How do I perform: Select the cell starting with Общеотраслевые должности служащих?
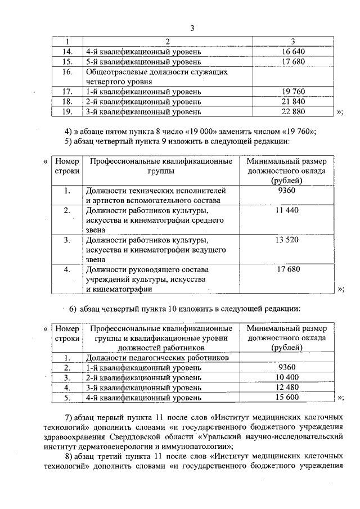point(156,76)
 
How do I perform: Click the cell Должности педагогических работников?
point(157,357)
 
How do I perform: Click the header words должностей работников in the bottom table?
point(161,348)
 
